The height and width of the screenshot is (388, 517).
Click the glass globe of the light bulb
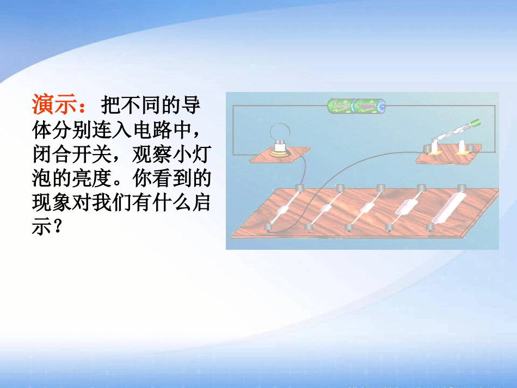click(x=281, y=131)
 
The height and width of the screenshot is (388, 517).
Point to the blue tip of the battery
click(x=383, y=104)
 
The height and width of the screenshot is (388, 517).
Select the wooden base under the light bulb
click(x=278, y=157)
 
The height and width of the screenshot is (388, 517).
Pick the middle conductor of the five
click(x=364, y=207)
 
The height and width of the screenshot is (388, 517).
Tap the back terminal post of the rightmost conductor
click(x=462, y=188)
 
